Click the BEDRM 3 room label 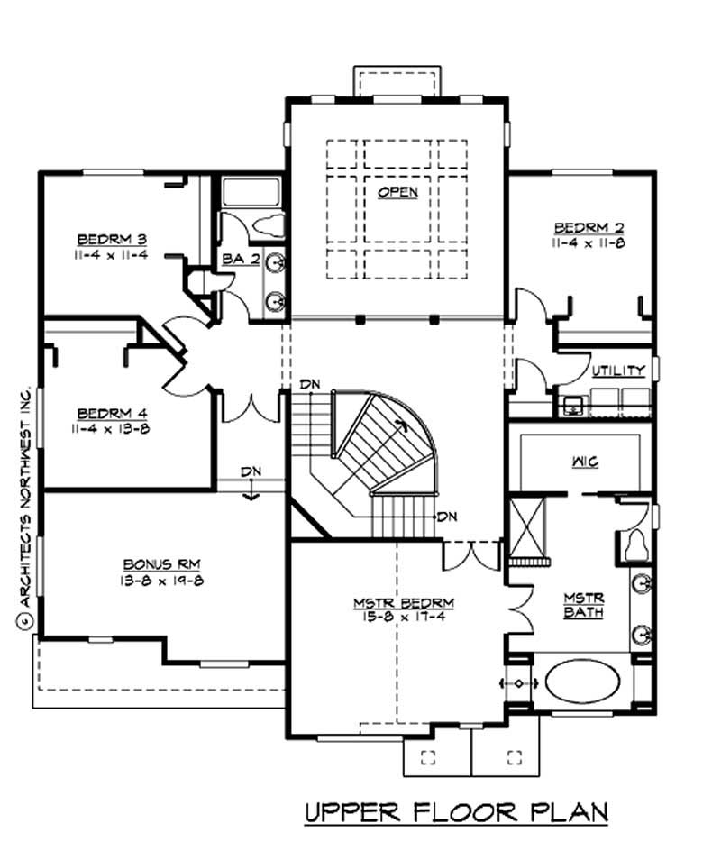coord(112,239)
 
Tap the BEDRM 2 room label coord(589,227)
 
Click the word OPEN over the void coord(397,192)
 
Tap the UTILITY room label coord(618,371)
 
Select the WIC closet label coord(584,462)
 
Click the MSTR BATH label coord(582,606)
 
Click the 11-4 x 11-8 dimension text coord(589,242)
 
